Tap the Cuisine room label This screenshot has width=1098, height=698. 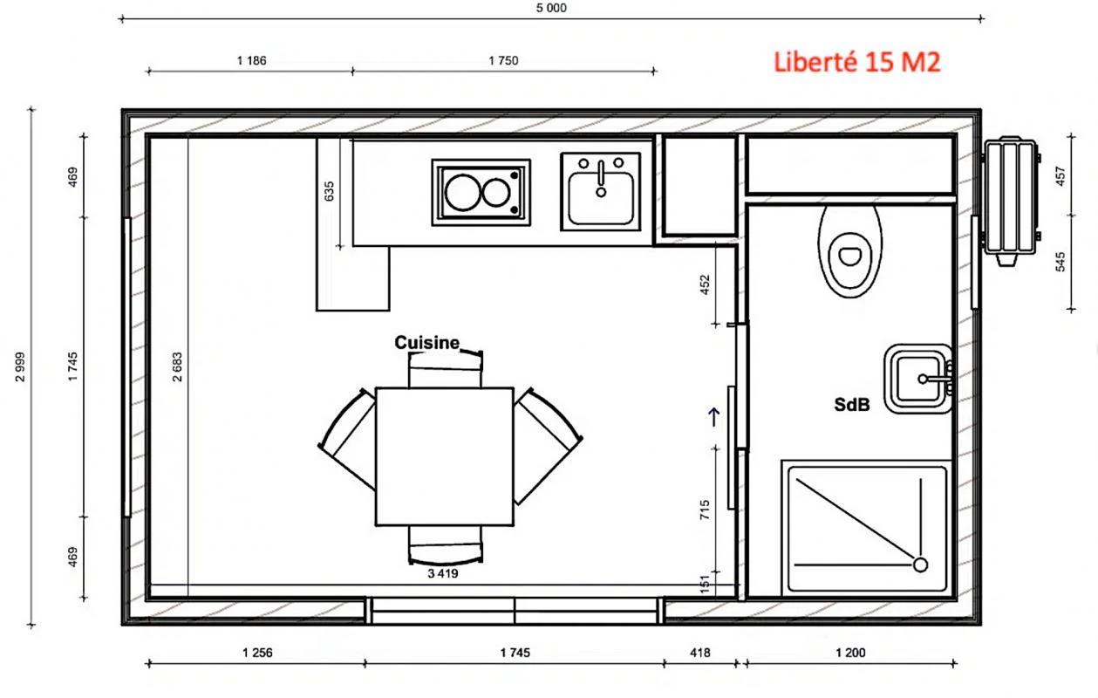(426, 343)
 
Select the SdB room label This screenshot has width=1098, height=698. (852, 405)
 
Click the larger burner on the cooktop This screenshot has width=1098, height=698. (461, 192)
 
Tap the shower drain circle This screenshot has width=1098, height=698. (920, 565)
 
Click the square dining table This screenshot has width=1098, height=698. (444, 456)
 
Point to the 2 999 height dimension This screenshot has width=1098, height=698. (20, 367)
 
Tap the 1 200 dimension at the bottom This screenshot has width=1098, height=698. (850, 653)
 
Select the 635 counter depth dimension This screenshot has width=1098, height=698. (329, 191)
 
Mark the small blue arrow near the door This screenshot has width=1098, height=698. (715, 416)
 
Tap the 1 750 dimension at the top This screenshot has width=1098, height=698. (503, 61)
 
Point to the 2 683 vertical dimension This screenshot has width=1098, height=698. (177, 367)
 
